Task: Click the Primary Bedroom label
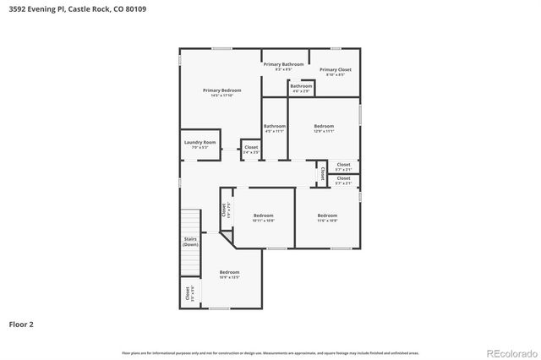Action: coord(221,90)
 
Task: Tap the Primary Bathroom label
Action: coord(283,64)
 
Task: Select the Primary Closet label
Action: coord(335,69)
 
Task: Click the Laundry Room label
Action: coord(199,142)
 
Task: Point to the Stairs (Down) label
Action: coord(191,241)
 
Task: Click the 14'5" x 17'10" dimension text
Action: coord(221,95)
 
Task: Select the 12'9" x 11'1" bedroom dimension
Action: coord(324,131)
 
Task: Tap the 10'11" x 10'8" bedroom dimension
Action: coord(264,221)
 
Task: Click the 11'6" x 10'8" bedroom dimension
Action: coord(327,221)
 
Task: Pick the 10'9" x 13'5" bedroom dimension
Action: coord(230,277)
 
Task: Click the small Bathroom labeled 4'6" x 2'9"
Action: coord(302,87)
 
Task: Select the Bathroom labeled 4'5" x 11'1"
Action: coord(275,128)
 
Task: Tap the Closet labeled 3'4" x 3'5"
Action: coord(251,149)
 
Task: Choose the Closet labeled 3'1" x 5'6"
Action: coord(188,294)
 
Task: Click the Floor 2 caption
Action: coord(21,324)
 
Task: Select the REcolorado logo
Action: coord(510,352)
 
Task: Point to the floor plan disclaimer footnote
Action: coord(270,352)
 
